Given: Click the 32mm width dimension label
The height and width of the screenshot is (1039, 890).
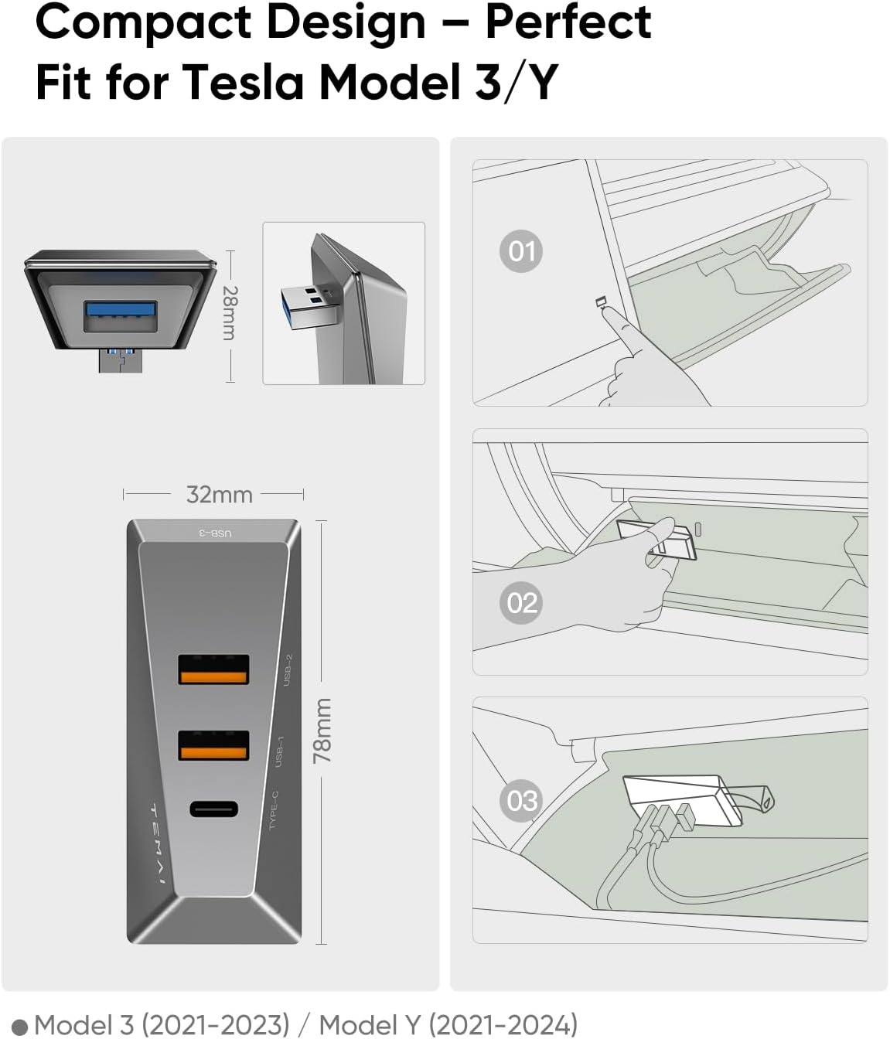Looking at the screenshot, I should tap(219, 495).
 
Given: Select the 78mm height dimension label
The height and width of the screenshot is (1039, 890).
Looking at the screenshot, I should tap(322, 731).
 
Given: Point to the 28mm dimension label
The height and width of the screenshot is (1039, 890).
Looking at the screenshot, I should tap(230, 312).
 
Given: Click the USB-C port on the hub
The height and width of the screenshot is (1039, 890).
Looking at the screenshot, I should tap(213, 809).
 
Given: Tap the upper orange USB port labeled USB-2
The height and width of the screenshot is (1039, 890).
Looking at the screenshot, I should tap(213, 669).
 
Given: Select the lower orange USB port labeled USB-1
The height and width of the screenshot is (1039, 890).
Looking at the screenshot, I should tap(213, 744).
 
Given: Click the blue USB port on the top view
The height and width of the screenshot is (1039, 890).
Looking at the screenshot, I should tap(121, 309).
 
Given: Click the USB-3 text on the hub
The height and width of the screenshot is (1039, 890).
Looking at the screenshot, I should tap(216, 533).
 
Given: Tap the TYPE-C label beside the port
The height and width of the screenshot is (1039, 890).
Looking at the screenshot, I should tap(274, 810).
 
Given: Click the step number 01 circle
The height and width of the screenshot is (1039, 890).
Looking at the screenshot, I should tap(521, 251).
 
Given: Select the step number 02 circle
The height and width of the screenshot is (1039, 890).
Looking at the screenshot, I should tap(521, 602).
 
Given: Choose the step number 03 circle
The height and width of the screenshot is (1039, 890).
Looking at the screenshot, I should tap(521, 799).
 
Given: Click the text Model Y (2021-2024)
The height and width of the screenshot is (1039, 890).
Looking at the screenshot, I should tap(448, 1024).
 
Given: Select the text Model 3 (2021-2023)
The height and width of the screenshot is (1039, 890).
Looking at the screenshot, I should tap(162, 1024).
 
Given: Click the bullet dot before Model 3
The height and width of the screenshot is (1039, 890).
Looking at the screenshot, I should tap(20, 1027).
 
